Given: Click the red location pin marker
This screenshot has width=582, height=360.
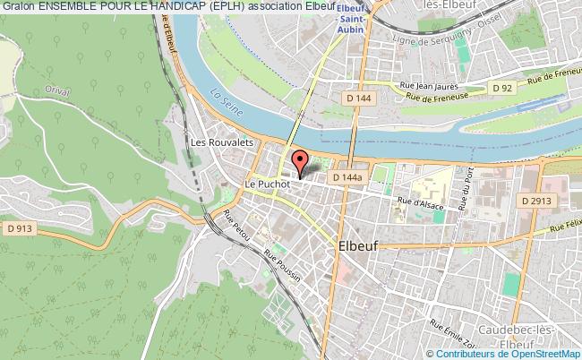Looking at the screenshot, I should pos(300,162).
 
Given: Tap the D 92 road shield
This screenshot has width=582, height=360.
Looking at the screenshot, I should pos(502,88).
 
